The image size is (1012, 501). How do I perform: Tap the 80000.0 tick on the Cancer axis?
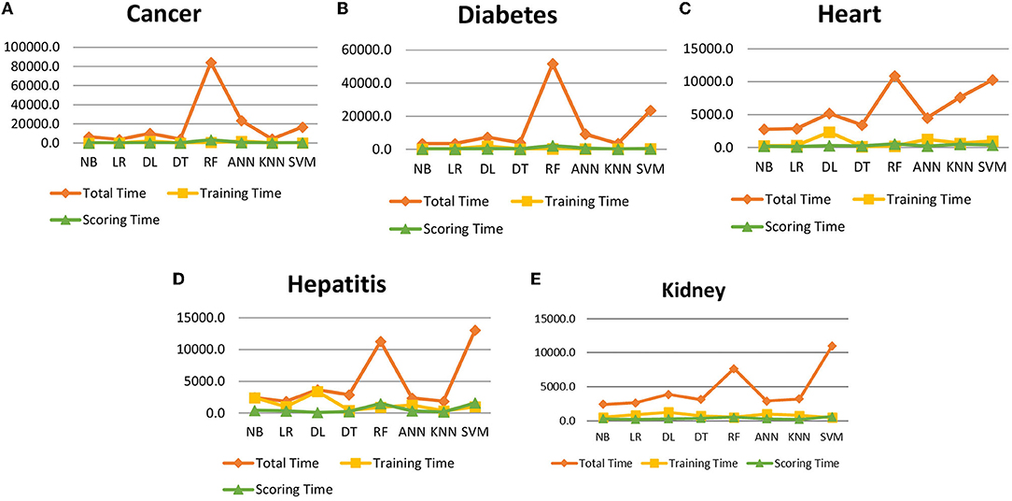(34, 66)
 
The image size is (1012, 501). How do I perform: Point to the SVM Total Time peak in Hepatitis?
(476, 330)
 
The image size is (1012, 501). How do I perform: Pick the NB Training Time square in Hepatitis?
(256, 398)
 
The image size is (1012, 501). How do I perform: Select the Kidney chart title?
(693, 291)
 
